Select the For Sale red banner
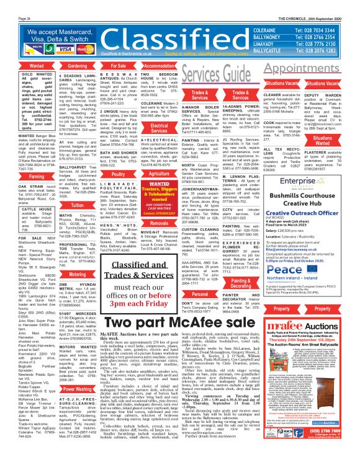click(118, 65)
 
